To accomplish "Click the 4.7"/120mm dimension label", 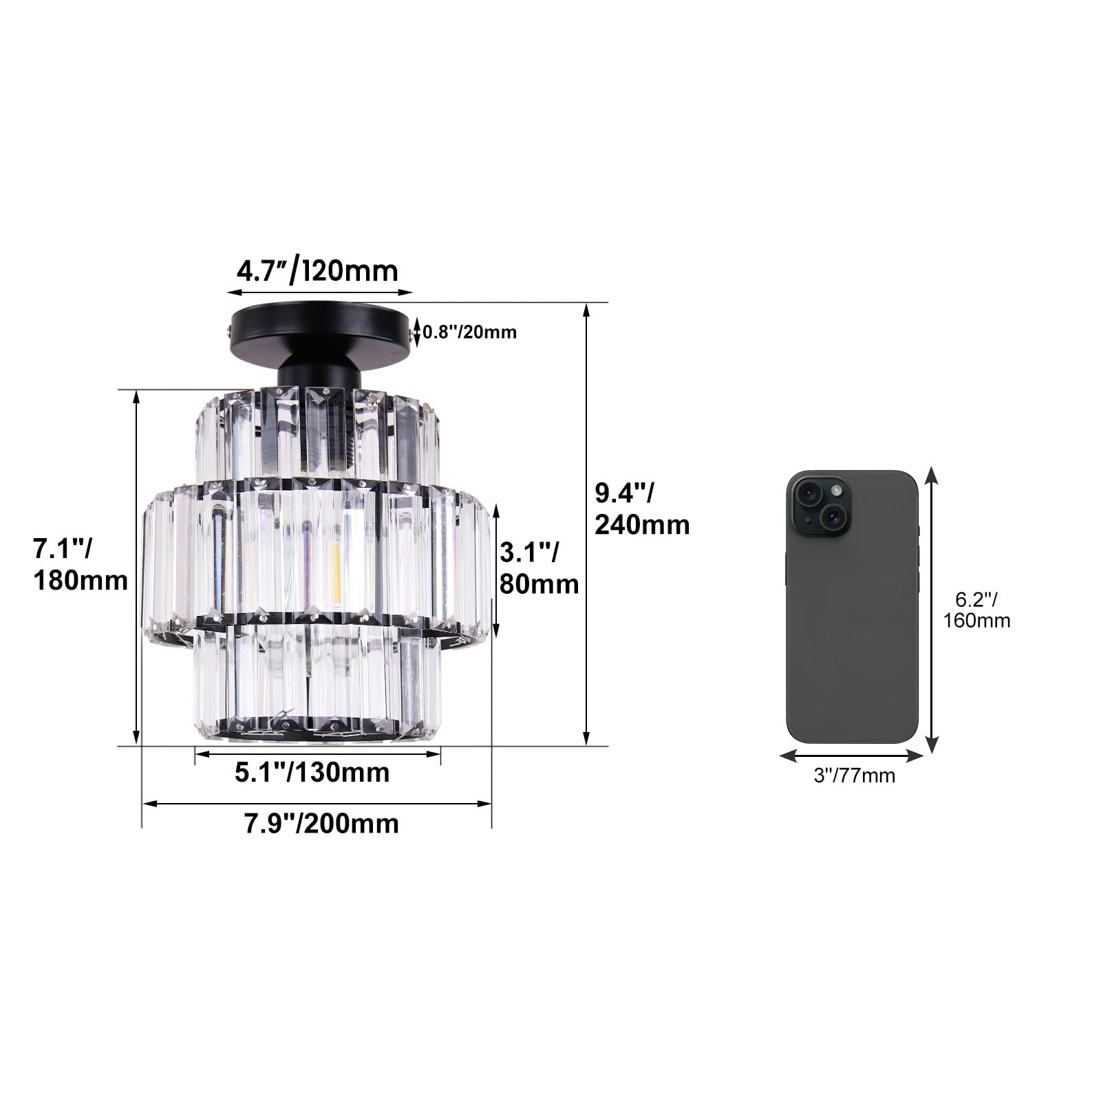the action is point(317,270).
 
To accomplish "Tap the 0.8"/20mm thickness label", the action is point(469,332).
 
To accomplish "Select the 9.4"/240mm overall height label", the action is point(642,509).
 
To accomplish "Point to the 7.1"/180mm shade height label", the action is point(81,565).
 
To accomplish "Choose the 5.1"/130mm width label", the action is point(312,772).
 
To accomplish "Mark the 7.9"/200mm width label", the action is point(321,824).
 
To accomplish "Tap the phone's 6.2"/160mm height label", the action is point(976,610).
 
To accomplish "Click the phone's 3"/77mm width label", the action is point(855,776).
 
